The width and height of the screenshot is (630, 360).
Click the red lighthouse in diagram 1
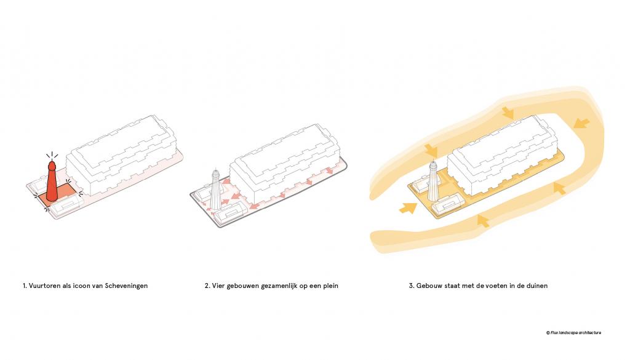(52, 182)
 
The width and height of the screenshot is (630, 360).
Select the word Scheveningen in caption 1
(126, 286)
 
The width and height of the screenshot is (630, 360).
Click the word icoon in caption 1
(82, 286)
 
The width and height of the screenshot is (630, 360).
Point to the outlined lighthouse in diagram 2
(215, 190)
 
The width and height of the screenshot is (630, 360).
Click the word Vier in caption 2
(218, 286)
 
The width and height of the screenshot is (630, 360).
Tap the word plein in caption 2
(330, 286)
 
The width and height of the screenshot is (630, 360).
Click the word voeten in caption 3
(492, 286)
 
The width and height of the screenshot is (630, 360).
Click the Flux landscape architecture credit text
(574, 333)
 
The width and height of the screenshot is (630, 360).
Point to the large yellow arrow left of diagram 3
(409, 208)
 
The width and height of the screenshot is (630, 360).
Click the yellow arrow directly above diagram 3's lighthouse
(431, 151)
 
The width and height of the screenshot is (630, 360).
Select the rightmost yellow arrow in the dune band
(581, 123)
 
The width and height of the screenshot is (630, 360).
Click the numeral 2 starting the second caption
(207, 286)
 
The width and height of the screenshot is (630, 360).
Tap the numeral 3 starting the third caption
(412, 286)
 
